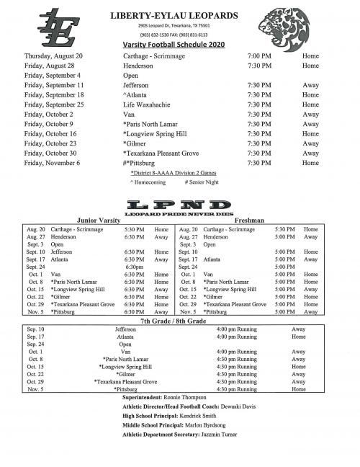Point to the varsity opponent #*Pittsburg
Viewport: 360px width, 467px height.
click(x=144, y=163)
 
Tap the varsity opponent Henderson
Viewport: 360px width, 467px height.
click(x=138, y=66)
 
